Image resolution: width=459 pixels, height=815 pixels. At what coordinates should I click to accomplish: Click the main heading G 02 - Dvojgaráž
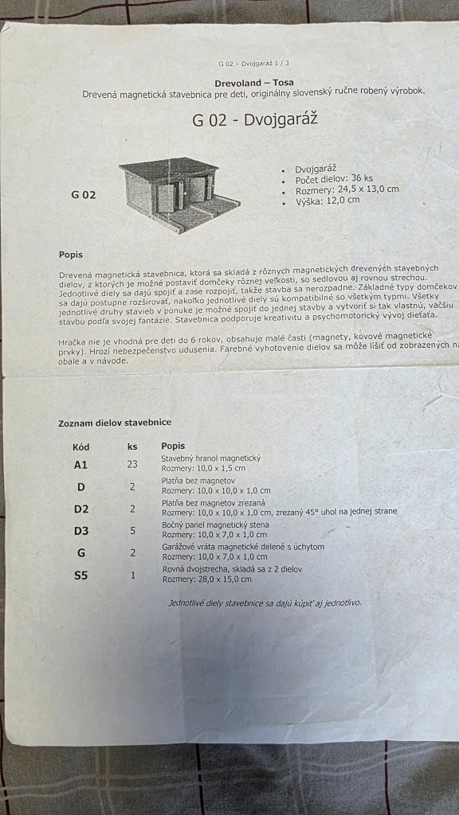[x=255, y=122]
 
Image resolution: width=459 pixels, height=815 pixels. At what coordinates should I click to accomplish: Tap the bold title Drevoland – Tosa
[x=254, y=82]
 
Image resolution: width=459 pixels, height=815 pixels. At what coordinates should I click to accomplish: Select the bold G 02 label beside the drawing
[x=83, y=194]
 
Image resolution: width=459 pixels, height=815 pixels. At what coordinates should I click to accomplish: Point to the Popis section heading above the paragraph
[x=70, y=255]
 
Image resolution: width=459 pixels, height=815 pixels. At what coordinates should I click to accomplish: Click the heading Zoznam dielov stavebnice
[x=115, y=423]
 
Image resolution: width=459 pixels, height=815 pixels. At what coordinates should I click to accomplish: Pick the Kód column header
[x=81, y=446]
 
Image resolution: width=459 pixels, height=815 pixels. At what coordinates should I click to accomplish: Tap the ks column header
[x=132, y=446]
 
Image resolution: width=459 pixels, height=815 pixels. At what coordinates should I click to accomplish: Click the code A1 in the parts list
[x=80, y=464]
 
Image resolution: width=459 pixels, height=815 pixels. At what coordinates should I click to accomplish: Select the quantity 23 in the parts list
[x=132, y=464]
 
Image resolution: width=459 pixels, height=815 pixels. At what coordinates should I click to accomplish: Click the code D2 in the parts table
[x=81, y=509]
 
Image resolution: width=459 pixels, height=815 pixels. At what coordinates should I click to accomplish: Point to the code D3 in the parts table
[x=81, y=530]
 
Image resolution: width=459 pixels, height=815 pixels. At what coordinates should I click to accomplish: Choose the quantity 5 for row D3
[x=132, y=530]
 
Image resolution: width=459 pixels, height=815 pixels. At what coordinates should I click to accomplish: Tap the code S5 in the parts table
[x=80, y=575]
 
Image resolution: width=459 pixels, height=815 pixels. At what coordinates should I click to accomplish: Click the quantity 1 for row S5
[x=132, y=575]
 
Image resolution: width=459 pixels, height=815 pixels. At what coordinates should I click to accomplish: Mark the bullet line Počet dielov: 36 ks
[x=334, y=179]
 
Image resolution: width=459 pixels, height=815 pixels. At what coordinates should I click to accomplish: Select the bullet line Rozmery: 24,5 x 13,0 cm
[x=347, y=189]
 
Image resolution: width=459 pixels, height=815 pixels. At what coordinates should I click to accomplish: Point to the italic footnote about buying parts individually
[x=265, y=602]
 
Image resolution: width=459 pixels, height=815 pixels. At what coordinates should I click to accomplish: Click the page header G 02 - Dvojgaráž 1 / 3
[x=254, y=63]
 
